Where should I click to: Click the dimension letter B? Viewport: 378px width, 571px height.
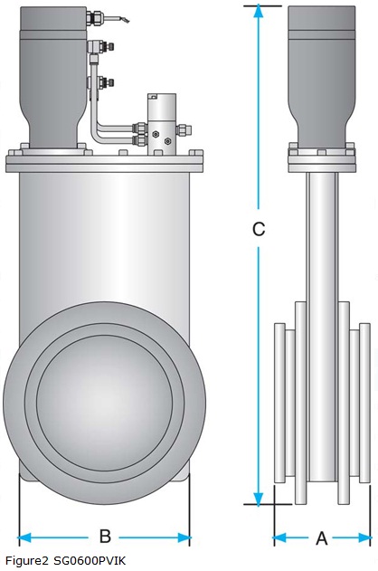(x=105, y=536)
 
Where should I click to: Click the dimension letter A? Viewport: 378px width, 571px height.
(x=322, y=538)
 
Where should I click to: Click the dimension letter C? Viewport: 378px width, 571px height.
(x=259, y=229)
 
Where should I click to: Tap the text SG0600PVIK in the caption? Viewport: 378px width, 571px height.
(x=90, y=560)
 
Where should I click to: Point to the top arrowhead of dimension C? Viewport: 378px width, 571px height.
(x=259, y=12)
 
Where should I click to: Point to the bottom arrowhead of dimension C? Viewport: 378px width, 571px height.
(x=259, y=499)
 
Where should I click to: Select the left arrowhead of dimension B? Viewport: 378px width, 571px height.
(x=24, y=538)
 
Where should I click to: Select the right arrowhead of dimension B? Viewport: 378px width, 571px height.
(x=184, y=538)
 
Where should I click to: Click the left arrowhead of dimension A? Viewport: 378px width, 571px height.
(x=280, y=538)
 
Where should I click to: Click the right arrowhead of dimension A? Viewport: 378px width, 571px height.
(x=364, y=538)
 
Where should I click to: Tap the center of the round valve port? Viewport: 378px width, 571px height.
(x=105, y=403)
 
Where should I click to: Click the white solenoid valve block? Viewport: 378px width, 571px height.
(x=162, y=123)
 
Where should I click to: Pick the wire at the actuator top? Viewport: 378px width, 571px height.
(x=116, y=18)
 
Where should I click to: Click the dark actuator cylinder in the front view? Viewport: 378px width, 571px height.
(x=53, y=77)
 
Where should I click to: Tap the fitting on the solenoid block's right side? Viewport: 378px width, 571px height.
(x=184, y=129)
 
